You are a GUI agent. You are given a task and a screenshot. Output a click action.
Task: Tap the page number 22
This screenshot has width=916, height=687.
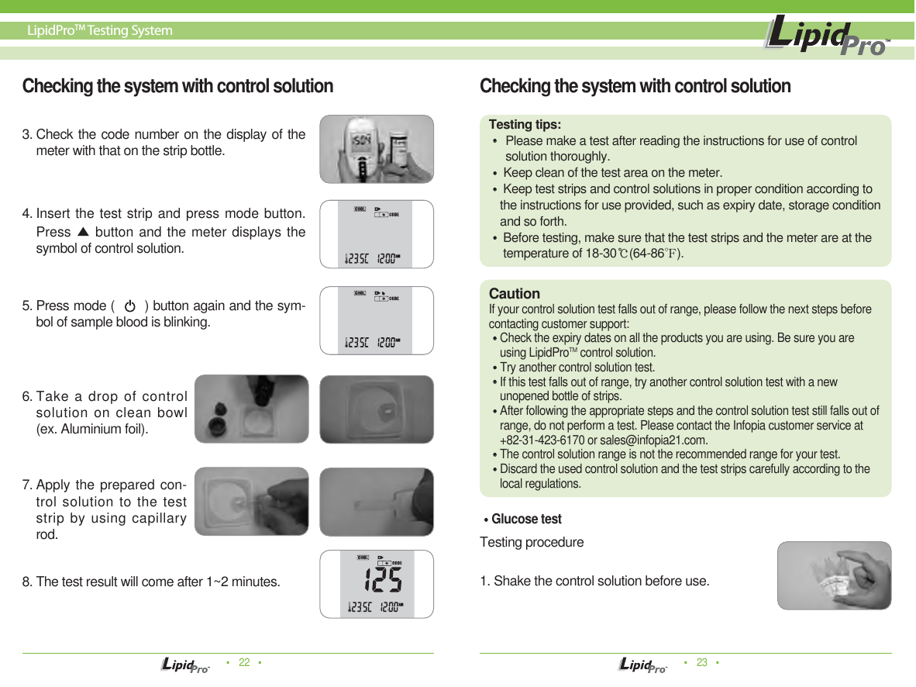(244, 662)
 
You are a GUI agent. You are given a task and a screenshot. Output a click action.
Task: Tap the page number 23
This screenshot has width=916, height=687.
(702, 662)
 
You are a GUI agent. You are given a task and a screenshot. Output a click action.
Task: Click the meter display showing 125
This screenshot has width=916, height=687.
(377, 584)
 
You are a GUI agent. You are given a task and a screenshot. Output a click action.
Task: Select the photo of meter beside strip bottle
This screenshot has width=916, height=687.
(377, 149)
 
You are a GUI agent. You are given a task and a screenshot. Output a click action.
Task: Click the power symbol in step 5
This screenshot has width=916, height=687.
(130, 306)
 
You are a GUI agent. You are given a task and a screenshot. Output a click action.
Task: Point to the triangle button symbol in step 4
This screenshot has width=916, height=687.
(84, 232)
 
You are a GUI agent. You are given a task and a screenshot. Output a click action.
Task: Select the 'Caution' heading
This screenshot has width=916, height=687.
(514, 294)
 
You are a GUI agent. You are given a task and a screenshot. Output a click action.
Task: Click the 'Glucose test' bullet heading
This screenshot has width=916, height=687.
(525, 519)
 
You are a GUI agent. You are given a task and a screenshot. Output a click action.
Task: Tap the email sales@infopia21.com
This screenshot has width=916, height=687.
(670, 440)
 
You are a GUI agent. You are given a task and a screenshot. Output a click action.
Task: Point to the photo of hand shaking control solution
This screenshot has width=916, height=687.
(834, 575)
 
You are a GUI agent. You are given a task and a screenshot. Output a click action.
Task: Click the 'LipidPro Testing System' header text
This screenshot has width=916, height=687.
(99, 31)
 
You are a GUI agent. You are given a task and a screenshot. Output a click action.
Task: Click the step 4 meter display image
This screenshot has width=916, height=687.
(377, 234)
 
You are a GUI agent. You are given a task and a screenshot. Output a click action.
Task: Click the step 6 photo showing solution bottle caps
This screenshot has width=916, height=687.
(251, 409)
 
